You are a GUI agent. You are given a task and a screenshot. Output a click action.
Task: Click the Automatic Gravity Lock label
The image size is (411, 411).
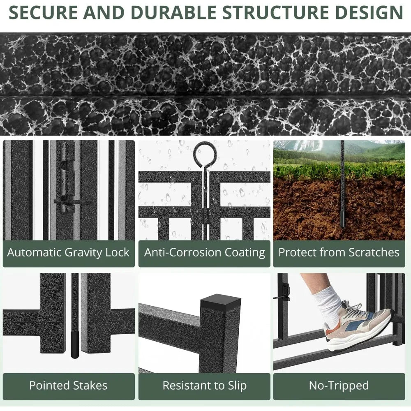coord(68,252)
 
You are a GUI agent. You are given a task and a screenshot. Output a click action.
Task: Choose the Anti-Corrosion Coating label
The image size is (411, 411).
coord(204,252)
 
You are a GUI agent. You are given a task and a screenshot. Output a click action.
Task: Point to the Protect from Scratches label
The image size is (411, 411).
coord(339,252)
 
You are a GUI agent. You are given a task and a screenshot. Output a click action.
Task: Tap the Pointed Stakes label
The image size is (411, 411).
coord(68,386)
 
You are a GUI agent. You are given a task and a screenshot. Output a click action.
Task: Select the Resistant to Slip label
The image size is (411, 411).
coord(204,386)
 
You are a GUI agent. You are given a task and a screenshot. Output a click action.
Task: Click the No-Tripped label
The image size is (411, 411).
coord(339,386)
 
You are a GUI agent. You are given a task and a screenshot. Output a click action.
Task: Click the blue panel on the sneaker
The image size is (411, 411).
coord(356,320)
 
